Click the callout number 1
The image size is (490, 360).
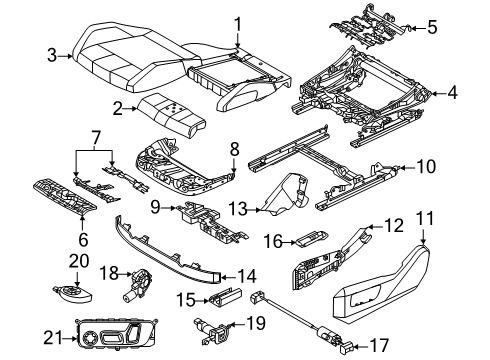click(238, 23)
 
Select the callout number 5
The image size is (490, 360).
click(432, 26)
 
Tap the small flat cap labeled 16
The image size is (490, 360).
click(308, 242)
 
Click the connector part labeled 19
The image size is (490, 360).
click(205, 326)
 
